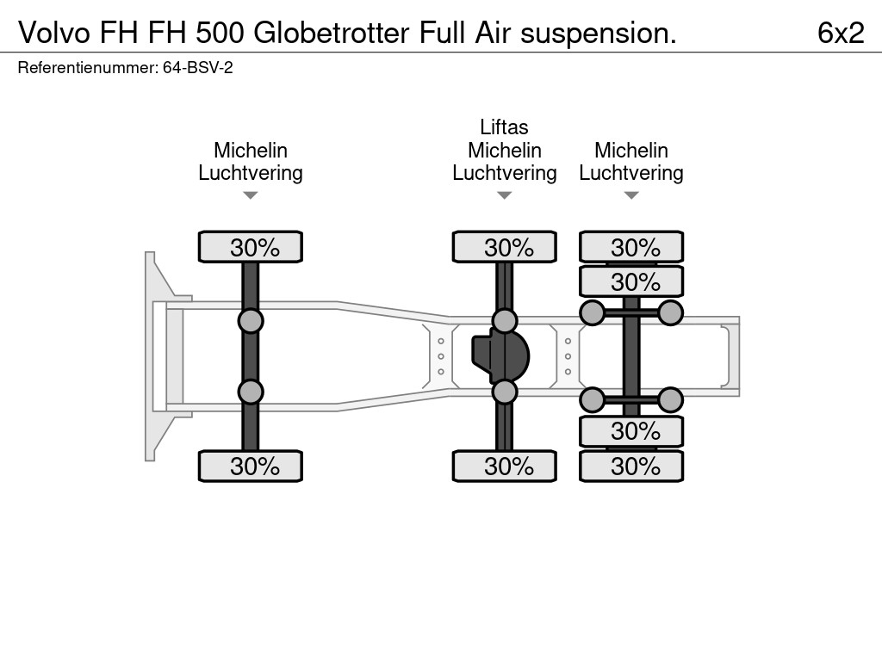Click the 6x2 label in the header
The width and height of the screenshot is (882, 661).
pos(840,33)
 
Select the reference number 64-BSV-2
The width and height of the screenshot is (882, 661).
pos(197,68)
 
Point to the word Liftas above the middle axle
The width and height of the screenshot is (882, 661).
pos(504,127)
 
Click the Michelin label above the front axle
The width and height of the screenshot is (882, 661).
pos(250,151)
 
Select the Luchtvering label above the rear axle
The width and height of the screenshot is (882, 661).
pos(630,173)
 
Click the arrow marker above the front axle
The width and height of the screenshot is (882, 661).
pos(250,195)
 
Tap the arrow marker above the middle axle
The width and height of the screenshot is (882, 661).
pos(504,195)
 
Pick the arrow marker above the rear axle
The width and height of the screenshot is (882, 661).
pos(630,195)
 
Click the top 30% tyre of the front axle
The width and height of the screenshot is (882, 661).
pos(250,247)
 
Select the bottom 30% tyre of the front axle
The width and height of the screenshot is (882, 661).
pos(250,466)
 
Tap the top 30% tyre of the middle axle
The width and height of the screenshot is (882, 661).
pos(504,247)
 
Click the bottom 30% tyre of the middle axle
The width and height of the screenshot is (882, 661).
pos(504,466)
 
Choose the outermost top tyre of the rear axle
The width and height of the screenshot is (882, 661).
pos(630,247)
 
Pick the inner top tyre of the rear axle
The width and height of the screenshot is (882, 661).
pos(630,281)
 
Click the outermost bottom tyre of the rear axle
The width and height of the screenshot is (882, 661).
pos(630,466)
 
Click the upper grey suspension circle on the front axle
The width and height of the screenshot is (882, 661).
pos(250,321)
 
